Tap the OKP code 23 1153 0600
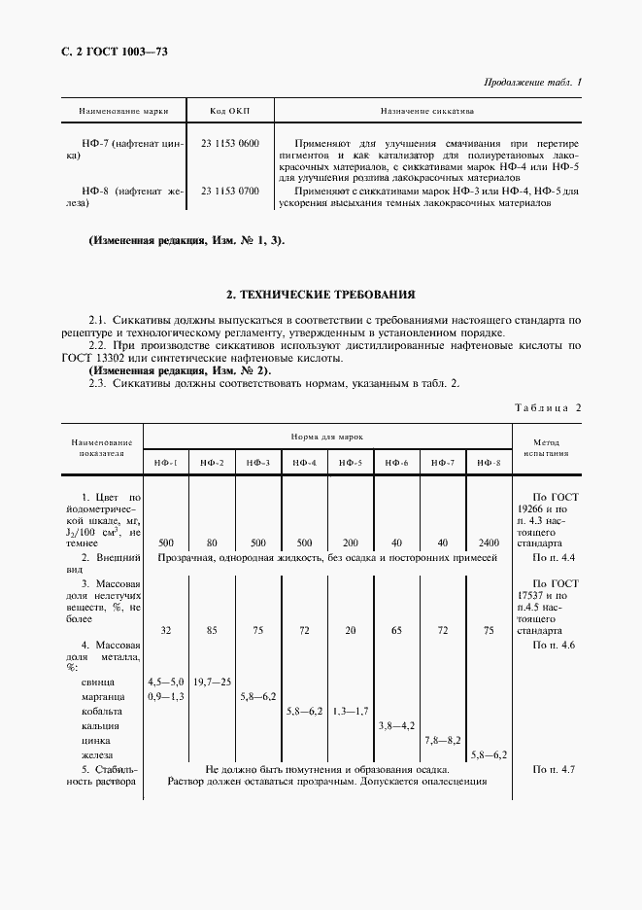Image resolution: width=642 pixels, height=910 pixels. click(230, 143)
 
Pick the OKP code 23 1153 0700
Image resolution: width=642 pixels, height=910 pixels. click(230, 191)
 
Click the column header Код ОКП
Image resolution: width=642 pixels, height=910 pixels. click(230, 111)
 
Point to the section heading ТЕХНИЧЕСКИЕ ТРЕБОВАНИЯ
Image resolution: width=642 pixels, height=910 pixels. click(321, 293)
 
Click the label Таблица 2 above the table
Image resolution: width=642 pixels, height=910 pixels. click(548, 406)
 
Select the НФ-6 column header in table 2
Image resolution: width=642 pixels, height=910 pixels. click(398, 463)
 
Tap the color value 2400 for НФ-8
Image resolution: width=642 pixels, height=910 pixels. click(489, 542)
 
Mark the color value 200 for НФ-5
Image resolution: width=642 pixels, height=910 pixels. click(352, 542)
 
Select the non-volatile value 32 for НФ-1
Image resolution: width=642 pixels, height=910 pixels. click(166, 631)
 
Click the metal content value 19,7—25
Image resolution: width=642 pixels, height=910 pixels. click(213, 682)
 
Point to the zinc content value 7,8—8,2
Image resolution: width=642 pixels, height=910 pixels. click(444, 740)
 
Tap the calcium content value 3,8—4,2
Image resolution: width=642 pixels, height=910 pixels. click(396, 725)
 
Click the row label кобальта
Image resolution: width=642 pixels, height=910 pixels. click(103, 711)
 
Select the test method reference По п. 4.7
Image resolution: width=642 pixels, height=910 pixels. click(555, 769)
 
